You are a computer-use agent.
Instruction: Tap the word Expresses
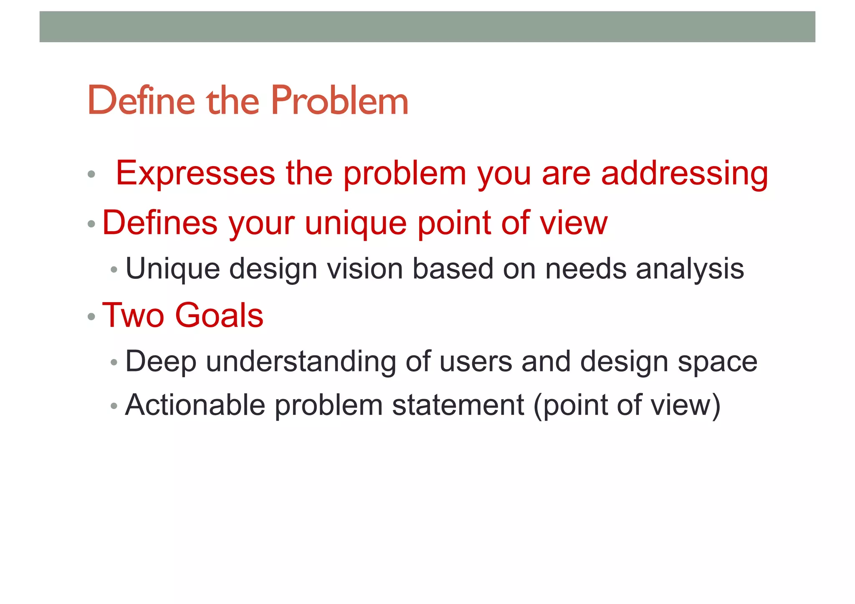(x=195, y=173)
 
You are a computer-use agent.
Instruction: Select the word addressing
(x=684, y=173)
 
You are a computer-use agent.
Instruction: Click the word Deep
(x=161, y=361)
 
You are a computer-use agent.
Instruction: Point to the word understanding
(x=301, y=361)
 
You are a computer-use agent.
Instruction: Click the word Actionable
(x=195, y=405)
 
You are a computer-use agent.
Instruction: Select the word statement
(x=458, y=405)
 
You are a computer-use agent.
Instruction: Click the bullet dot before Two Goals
(x=91, y=317)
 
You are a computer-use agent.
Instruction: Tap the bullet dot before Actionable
(x=114, y=406)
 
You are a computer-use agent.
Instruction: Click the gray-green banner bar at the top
(x=427, y=27)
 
